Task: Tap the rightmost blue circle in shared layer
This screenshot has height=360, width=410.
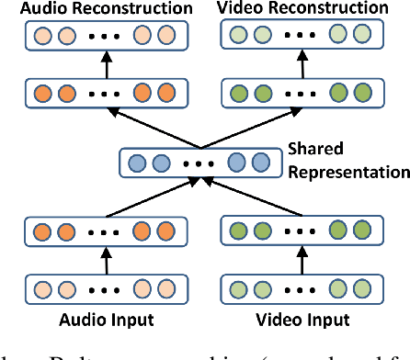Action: [261, 163]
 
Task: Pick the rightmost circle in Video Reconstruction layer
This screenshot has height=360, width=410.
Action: [359, 38]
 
